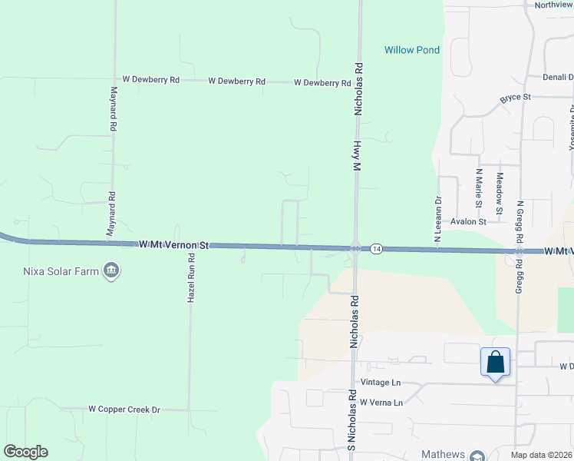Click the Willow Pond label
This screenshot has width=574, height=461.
[x=412, y=51]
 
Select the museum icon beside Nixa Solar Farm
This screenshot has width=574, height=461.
[x=111, y=270]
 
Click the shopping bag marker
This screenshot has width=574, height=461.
[x=495, y=361]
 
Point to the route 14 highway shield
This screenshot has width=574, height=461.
[x=375, y=249]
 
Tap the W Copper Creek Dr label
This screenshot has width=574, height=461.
[x=124, y=410]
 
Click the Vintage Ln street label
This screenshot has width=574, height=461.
[x=381, y=383]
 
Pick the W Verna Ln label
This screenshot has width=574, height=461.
[x=381, y=403]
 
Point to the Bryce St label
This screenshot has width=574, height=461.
[x=516, y=98]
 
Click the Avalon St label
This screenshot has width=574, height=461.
[x=469, y=221]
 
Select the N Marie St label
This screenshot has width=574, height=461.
[x=479, y=188]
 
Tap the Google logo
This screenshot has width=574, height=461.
[x=25, y=452]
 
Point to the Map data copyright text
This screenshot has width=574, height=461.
[x=542, y=456]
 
